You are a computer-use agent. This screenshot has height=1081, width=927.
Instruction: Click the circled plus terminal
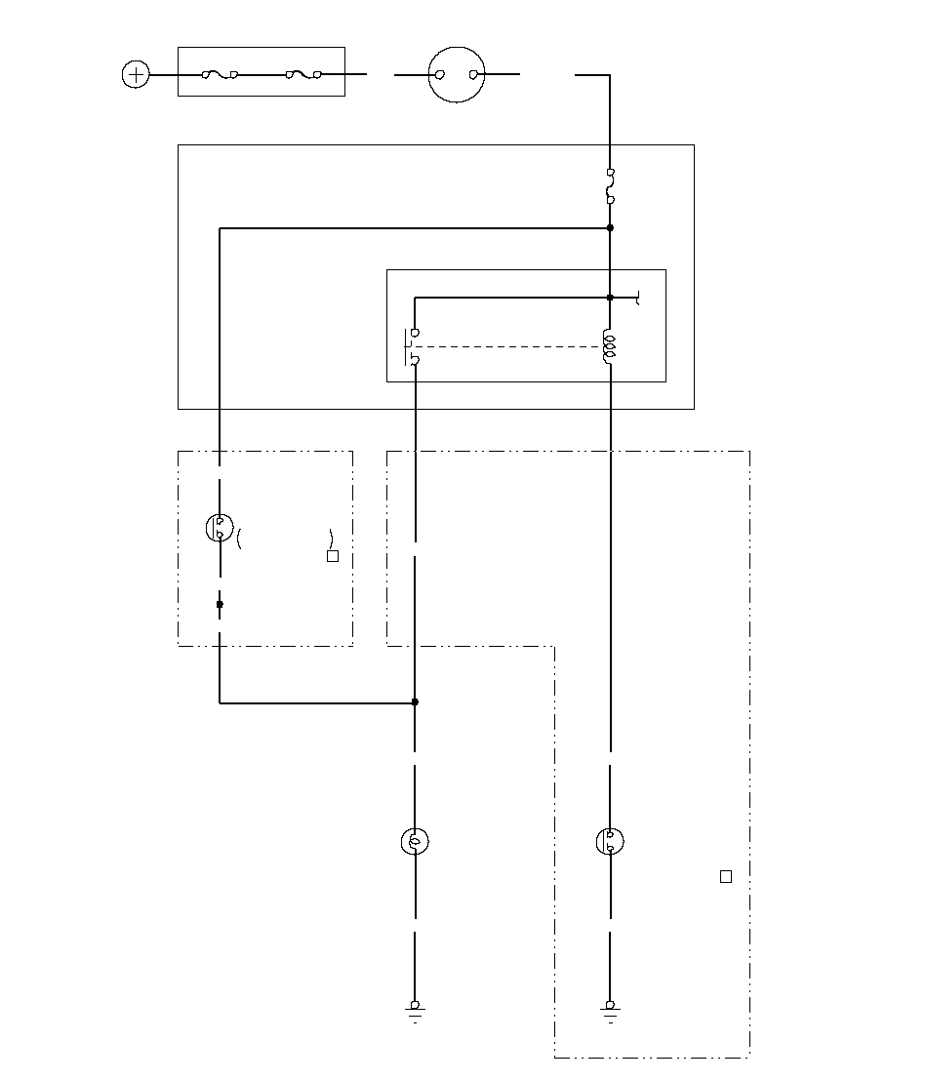pyautogui.click(x=135, y=74)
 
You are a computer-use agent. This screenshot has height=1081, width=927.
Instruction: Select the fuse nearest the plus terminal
pyautogui.click(x=220, y=74)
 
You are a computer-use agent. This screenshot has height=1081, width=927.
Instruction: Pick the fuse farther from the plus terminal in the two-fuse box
pyautogui.click(x=303, y=74)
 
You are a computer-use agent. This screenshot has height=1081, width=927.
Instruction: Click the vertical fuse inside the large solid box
pyautogui.click(x=610, y=186)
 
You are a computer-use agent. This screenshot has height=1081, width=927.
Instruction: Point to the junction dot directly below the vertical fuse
pyautogui.click(x=610, y=227)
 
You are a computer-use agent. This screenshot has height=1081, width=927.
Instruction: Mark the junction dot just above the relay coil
pyautogui.click(x=610, y=298)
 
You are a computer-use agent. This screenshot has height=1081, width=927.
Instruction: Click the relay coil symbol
pyautogui.click(x=610, y=347)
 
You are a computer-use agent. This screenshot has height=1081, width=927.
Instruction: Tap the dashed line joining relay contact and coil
pyautogui.click(x=507, y=346)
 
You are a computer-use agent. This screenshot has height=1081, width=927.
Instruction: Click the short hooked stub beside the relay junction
pyautogui.click(x=636, y=299)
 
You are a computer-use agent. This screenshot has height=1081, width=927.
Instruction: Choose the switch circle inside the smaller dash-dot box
pyautogui.click(x=219, y=528)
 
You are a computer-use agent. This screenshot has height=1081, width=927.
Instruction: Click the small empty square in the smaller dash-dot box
pyautogui.click(x=332, y=556)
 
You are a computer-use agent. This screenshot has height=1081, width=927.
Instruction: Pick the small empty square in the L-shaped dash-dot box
pyautogui.click(x=725, y=876)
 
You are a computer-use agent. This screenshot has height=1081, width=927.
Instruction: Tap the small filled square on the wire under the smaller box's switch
pyautogui.click(x=220, y=605)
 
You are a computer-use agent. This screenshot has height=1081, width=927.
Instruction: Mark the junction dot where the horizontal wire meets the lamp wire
pyautogui.click(x=415, y=701)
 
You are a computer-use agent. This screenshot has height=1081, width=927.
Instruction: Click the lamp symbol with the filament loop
pyautogui.click(x=415, y=841)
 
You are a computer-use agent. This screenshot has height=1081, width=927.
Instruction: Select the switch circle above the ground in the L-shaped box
pyautogui.click(x=610, y=841)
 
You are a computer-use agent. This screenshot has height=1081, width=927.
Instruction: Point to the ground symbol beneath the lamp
pyautogui.click(x=415, y=1010)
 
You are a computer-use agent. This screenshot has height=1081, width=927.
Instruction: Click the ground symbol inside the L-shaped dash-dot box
pyautogui.click(x=610, y=1010)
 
